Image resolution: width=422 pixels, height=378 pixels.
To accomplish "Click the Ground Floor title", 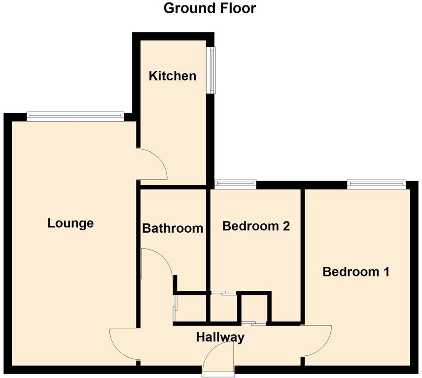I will pos(210,8).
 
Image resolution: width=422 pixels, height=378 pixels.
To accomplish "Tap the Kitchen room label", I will pos(173,76).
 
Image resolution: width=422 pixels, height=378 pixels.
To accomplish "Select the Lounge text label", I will pos(70,223).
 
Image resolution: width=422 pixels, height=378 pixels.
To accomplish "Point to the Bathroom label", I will pos(173,228).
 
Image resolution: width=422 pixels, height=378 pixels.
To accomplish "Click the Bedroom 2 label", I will pos(255,226).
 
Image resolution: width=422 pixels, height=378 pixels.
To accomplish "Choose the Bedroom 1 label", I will pos(356,271).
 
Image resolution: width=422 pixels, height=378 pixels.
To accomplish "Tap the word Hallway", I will pos(220,337).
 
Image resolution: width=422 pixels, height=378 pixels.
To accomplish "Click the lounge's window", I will pos(74,116).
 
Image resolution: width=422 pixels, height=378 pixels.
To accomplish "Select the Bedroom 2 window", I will pos(235,185).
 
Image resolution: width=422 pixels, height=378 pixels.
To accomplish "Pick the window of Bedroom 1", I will pos(377,185).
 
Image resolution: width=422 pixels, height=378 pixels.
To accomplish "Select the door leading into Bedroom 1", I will pos(316,340).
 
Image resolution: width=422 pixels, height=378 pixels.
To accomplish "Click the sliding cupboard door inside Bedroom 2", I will pos(223,293).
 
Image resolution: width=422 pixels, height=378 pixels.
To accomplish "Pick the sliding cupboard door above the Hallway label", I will pos(253,323).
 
